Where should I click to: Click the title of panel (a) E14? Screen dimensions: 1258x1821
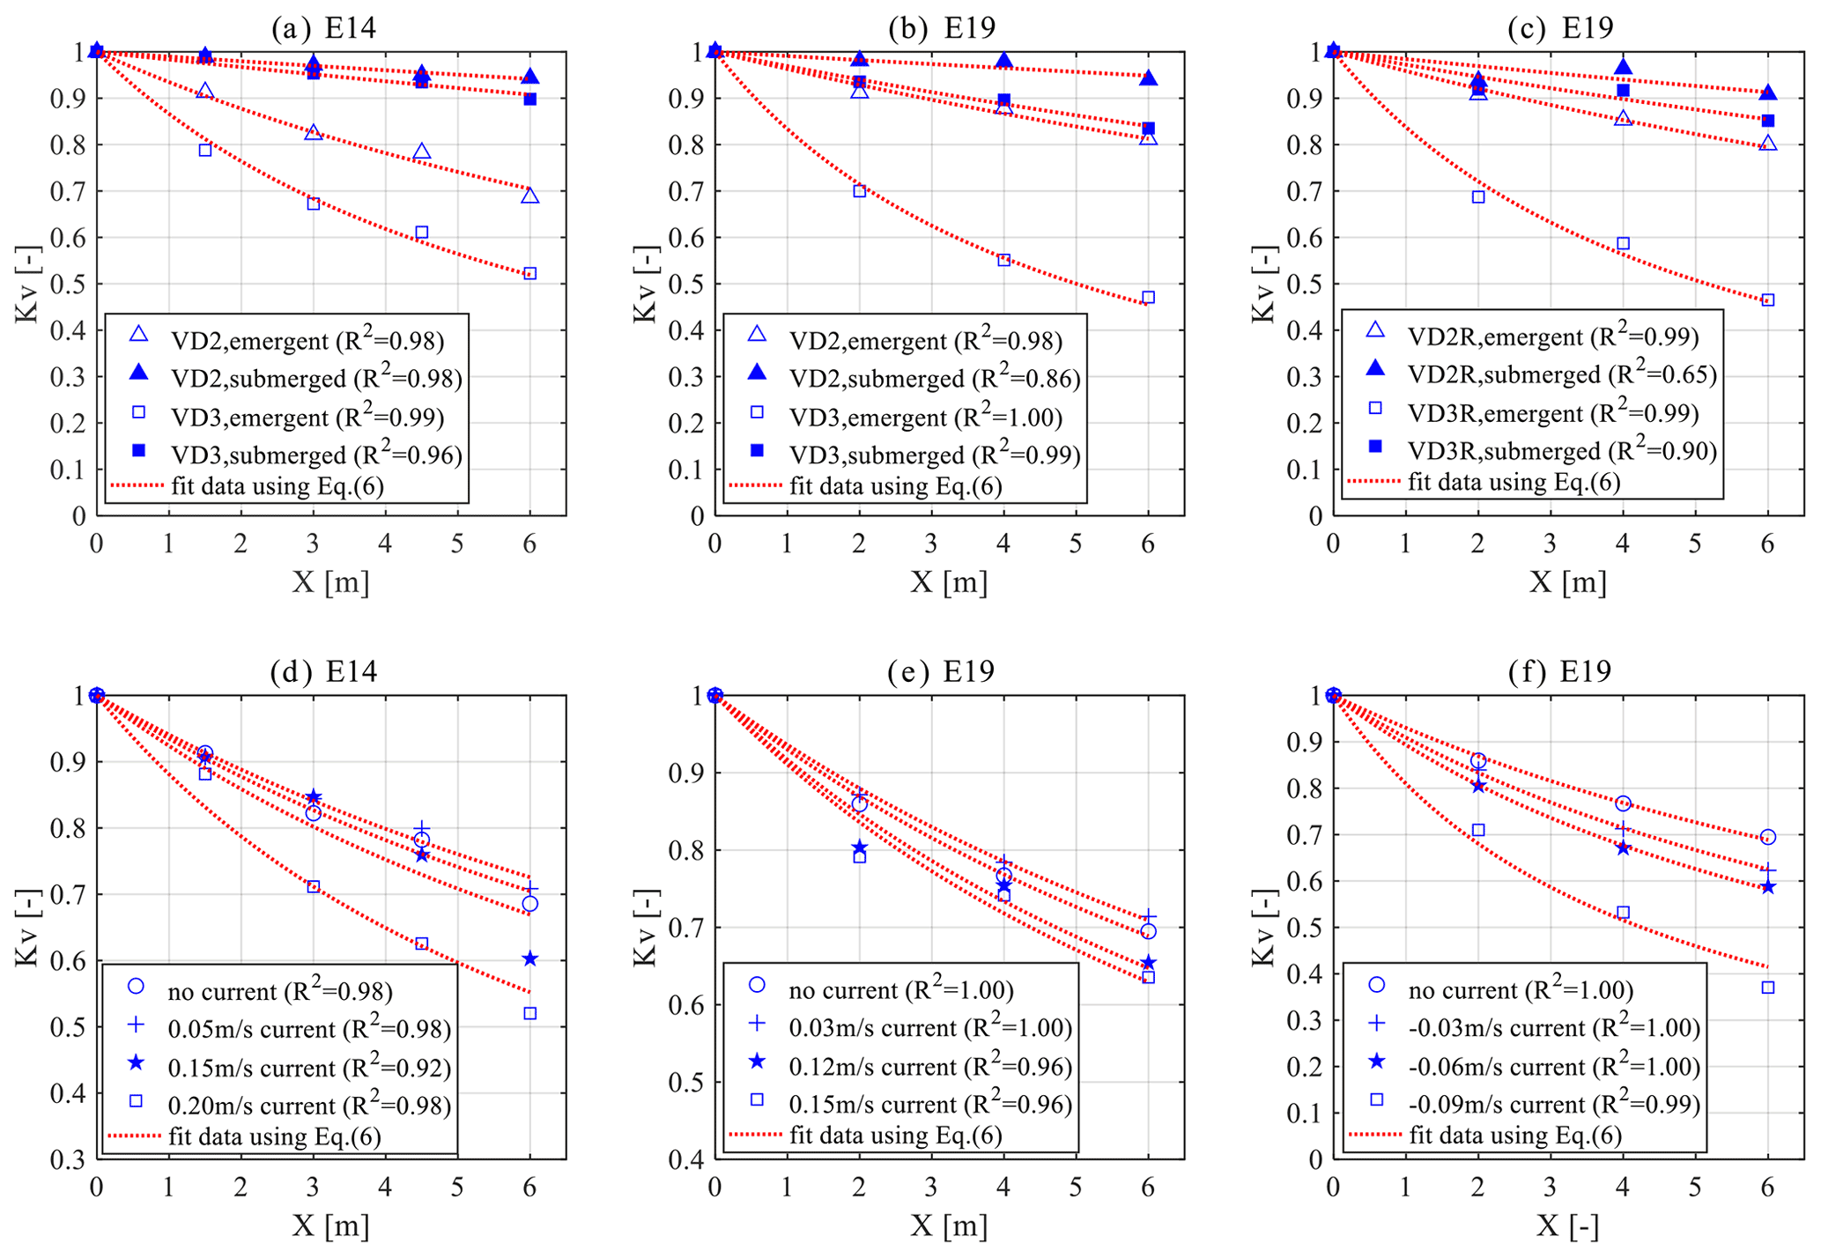tap(323, 28)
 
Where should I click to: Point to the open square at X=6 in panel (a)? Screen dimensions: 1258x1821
tap(529, 273)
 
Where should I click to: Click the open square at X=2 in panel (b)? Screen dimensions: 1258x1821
tap(859, 190)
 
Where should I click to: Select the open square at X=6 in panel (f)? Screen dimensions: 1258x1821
tap(1767, 988)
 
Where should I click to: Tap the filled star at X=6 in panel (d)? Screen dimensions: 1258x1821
tap(529, 958)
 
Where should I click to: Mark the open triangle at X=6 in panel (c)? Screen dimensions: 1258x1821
tap(1767, 144)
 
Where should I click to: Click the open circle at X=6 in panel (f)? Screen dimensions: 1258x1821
tap(1767, 837)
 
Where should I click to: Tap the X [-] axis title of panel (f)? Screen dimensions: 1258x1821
tap(1567, 1226)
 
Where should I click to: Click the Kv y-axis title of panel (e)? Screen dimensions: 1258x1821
tap(646, 928)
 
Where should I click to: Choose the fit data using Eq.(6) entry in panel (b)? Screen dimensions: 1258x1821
tap(895, 485)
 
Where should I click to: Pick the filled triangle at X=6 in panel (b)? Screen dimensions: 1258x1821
tap(1148, 78)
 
